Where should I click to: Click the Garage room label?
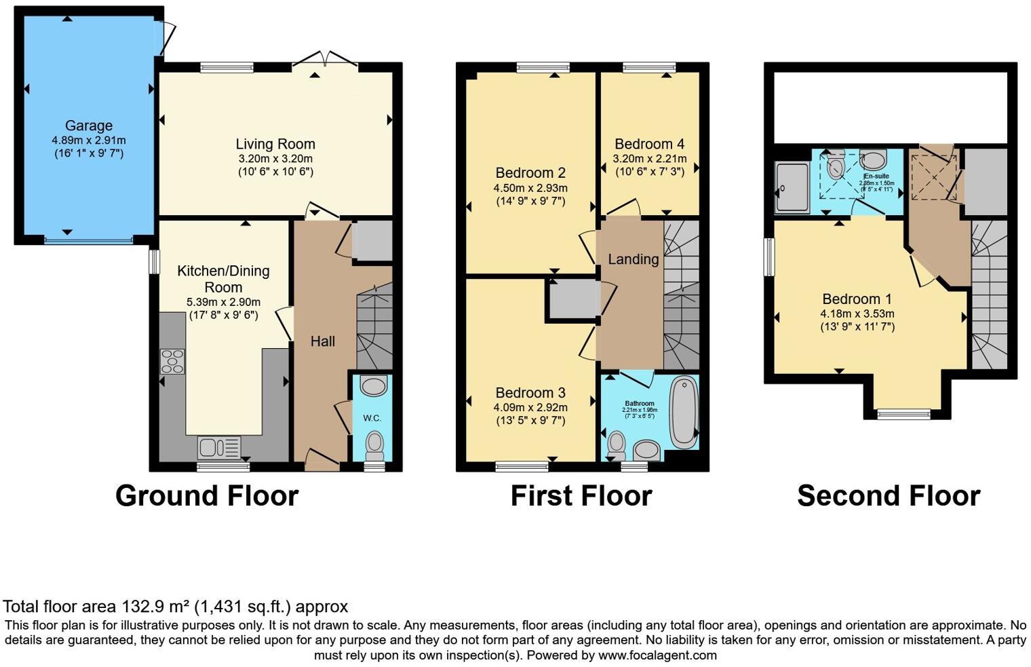88,126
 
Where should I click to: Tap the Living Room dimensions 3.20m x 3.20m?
275,159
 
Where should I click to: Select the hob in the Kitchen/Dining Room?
172,361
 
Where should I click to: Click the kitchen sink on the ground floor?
218,448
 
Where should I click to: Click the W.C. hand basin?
373,387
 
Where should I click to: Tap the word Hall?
323,341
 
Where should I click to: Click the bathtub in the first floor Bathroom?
684,411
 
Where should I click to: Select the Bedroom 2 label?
530,173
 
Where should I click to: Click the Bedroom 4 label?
649,144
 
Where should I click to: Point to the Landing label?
633,259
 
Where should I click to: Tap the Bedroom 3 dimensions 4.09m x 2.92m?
530,408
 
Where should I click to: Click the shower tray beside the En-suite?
792,188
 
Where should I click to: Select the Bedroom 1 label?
857,299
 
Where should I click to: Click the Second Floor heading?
888,496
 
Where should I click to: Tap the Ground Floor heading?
207,496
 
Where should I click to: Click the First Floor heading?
581,496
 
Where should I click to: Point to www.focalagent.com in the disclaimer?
657,655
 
